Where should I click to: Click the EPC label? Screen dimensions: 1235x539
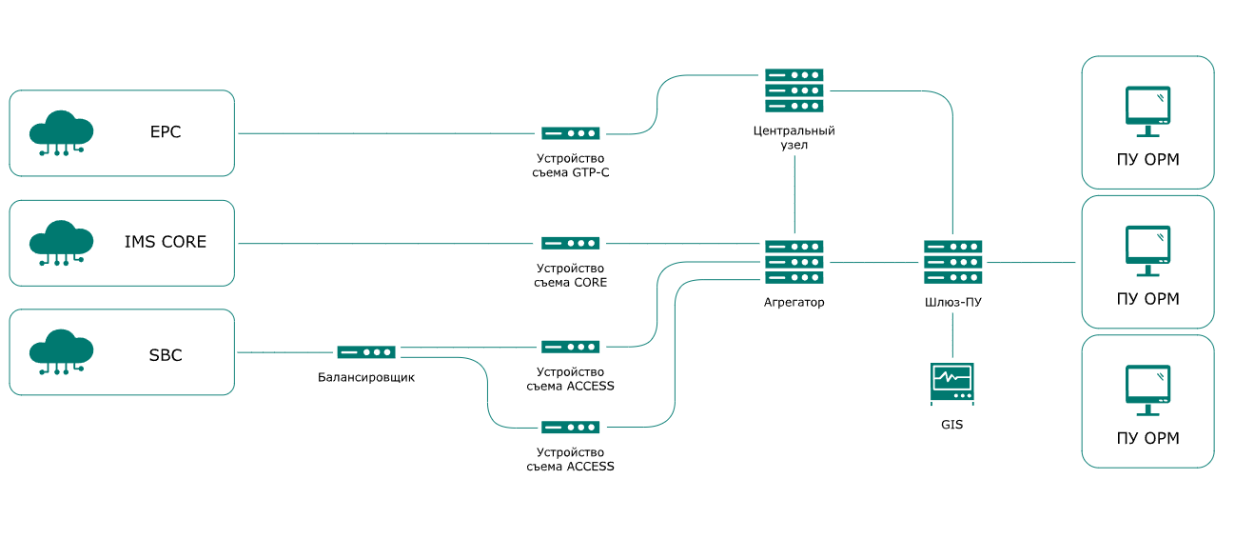point(166,131)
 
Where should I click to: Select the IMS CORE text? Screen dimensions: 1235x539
point(166,242)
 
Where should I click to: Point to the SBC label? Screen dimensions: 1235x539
point(166,355)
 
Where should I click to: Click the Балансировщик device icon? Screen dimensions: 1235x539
point(366,352)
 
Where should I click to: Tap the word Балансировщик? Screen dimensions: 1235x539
point(366,377)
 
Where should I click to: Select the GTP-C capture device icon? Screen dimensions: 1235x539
point(571,133)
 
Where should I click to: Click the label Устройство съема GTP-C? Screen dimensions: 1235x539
point(571,166)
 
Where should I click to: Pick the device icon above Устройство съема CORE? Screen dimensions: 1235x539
point(571,243)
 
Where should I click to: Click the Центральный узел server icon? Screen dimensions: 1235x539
point(794,90)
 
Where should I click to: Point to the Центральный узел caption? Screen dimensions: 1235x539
point(794,138)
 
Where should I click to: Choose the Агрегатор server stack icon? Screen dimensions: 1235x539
point(794,262)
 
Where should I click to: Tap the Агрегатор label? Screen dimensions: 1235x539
point(794,302)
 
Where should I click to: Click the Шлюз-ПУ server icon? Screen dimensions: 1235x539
point(952,262)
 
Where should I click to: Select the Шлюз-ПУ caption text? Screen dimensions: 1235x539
point(952,302)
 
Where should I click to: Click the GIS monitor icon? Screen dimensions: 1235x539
point(952,384)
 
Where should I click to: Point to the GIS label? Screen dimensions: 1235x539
point(952,425)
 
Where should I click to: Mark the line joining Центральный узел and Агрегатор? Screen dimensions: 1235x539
point(794,195)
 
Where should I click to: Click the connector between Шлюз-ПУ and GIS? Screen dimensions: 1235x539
point(952,335)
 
